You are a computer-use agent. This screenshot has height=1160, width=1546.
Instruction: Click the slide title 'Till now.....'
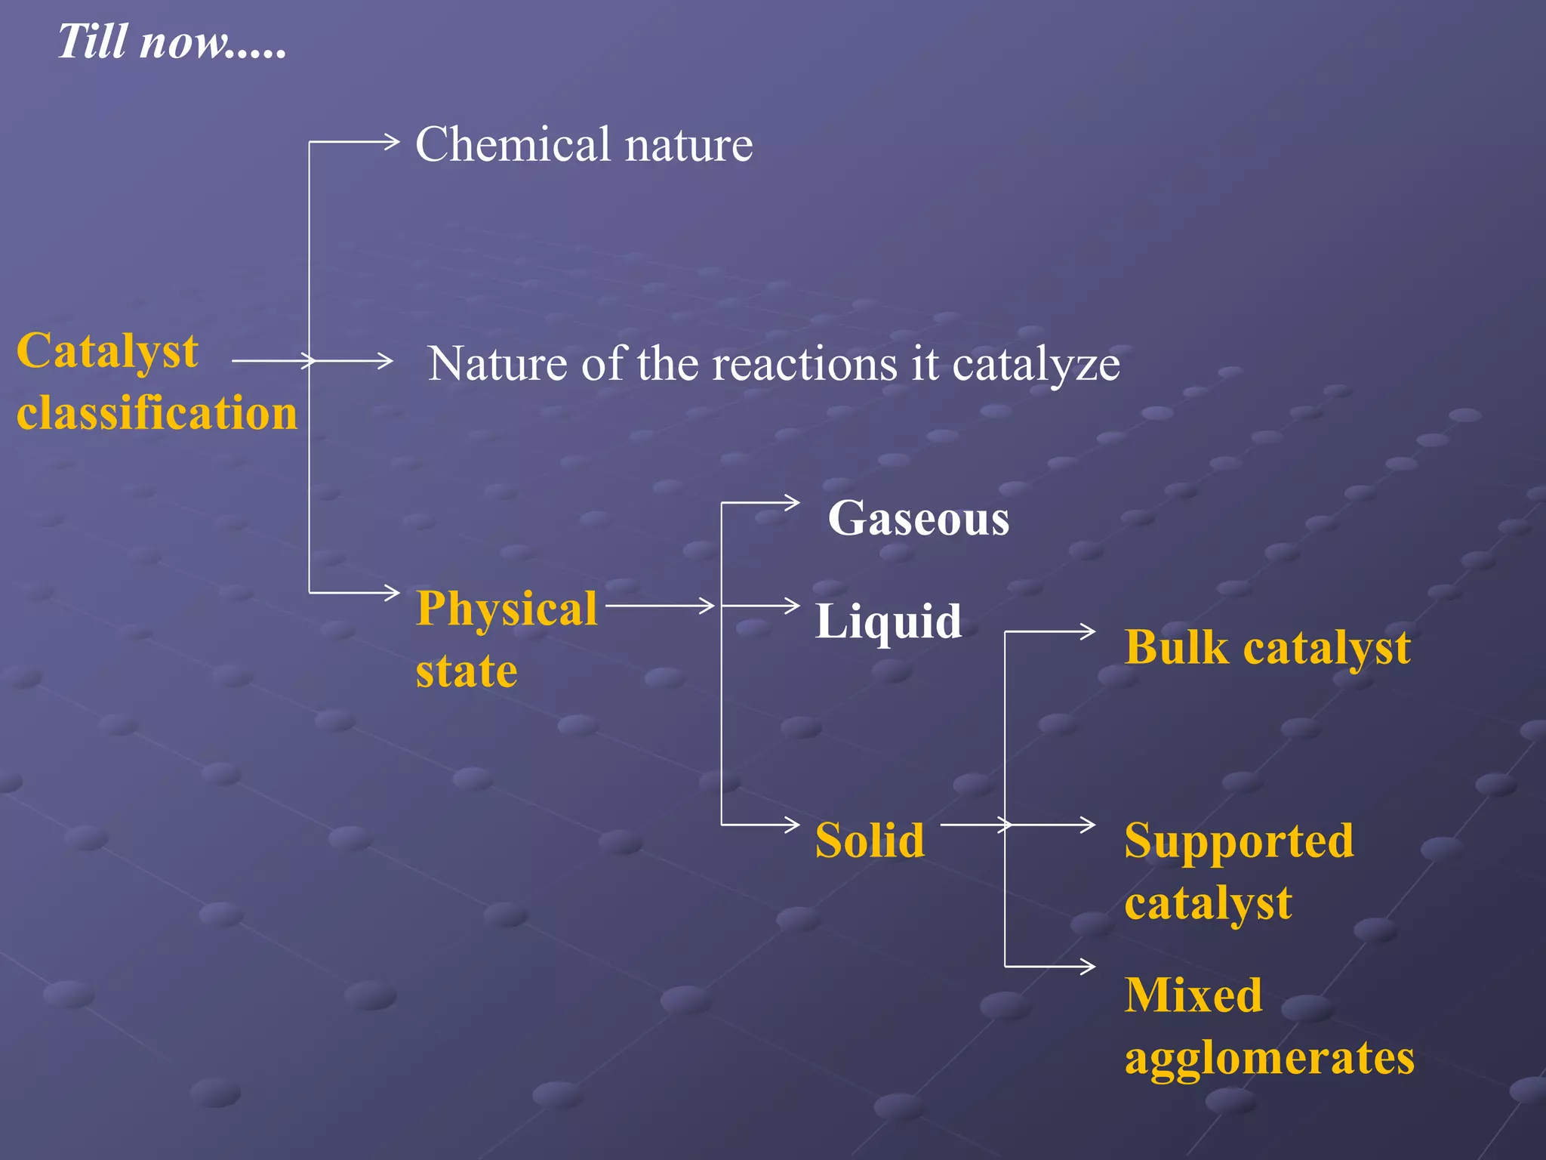tap(172, 42)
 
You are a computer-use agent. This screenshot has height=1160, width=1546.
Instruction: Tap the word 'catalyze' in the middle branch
tap(1036, 365)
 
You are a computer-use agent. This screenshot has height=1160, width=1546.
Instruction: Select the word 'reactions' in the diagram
tap(805, 365)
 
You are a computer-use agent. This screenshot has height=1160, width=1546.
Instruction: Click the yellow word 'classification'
tap(157, 414)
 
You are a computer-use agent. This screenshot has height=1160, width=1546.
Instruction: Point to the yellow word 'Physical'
tap(507, 609)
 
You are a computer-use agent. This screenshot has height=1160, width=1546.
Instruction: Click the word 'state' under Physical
tap(467, 671)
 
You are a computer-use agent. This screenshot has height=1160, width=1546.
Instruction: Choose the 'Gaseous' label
tap(918, 519)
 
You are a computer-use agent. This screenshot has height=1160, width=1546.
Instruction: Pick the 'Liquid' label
tap(888, 622)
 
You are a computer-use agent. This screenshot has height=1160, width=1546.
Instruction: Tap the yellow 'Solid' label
tap(870, 840)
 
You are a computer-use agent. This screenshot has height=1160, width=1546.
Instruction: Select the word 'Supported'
tap(1239, 841)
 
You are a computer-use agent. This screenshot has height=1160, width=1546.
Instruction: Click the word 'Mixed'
tap(1193, 995)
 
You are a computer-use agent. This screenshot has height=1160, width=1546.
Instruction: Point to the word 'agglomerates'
tap(1269, 1058)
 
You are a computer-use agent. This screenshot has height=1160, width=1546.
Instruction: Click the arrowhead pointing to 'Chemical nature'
tap(391, 141)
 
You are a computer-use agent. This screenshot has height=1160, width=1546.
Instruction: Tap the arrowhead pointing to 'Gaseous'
tap(792, 503)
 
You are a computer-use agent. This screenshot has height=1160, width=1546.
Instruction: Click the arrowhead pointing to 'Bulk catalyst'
tap(1088, 631)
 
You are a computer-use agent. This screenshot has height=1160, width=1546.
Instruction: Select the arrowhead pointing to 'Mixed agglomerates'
tap(1088, 966)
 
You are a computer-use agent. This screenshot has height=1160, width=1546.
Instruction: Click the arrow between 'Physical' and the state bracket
tap(661, 605)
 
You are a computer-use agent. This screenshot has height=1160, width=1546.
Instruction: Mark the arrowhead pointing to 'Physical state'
tap(392, 593)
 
